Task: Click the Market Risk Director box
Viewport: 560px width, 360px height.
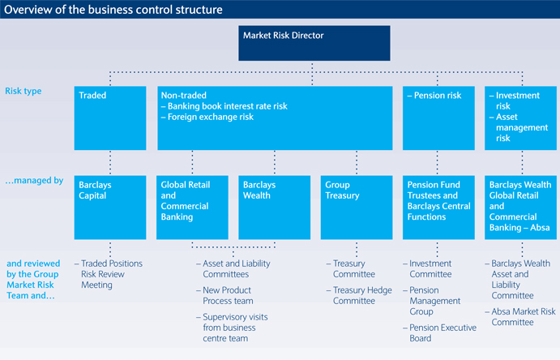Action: pyautogui.click(x=314, y=43)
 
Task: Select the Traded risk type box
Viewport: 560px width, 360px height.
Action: pyautogui.click(x=110, y=118)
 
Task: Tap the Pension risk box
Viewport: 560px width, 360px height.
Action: pyautogui.click(x=438, y=118)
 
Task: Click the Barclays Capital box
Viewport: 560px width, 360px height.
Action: pyautogui.click(x=110, y=207)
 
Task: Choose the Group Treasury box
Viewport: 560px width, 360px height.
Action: pyautogui.click(x=357, y=207)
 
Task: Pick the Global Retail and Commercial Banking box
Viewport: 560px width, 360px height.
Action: pyautogui.click(x=192, y=207)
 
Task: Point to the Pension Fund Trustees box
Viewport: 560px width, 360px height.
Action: pyautogui.click(x=438, y=207)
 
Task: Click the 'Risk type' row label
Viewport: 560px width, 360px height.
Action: pyautogui.click(x=24, y=91)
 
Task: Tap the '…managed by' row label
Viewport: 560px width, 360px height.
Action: pyautogui.click(x=34, y=180)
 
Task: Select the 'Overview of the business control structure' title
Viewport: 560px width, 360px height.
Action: pyautogui.click(x=113, y=9)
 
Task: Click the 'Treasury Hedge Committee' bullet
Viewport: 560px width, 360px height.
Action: pyautogui.click(x=359, y=295)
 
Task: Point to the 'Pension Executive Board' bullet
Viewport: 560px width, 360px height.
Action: pyautogui.click(x=439, y=333)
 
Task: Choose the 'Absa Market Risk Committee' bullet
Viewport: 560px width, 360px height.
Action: pyautogui.click(x=520, y=317)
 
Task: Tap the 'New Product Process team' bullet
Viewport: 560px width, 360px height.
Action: pyautogui.click(x=224, y=295)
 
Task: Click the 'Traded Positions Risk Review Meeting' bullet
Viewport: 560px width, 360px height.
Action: pyautogui.click(x=109, y=274)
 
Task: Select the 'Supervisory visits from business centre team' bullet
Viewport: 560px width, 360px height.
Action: pyautogui.click(x=232, y=328)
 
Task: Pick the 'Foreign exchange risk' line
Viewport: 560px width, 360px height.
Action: pyautogui.click(x=207, y=117)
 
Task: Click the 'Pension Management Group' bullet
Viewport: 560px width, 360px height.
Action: pyautogui.click(x=432, y=301)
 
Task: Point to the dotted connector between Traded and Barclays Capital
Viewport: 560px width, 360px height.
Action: pyautogui.click(x=110, y=162)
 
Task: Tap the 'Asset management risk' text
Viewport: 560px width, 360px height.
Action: pyautogui.click(x=519, y=127)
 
